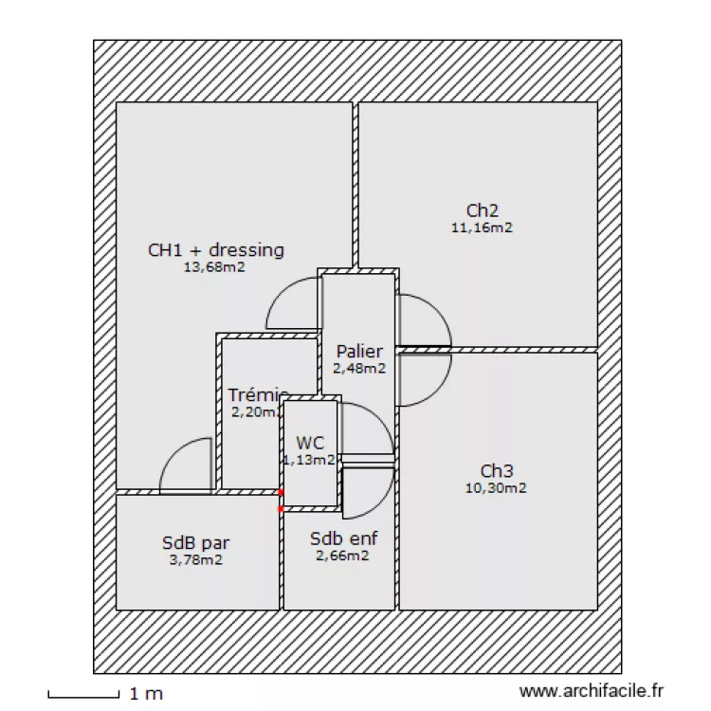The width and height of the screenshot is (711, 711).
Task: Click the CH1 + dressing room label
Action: click(216, 250)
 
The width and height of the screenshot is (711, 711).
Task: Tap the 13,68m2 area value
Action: click(214, 267)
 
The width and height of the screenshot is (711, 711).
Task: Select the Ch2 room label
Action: click(483, 210)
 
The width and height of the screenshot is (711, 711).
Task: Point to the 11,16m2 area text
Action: click(483, 227)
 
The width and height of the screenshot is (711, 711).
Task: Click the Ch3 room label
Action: click(496, 471)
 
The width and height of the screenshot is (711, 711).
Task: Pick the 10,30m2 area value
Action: click(496, 488)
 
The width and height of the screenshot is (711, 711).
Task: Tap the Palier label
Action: click(359, 353)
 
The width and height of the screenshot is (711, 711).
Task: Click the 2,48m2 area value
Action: click(359, 369)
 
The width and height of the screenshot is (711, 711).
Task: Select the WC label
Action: click(310, 443)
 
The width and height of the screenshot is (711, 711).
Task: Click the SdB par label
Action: click(196, 543)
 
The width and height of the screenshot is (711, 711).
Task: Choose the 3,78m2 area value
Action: click(196, 559)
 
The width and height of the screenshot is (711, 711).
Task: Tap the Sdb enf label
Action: click(343, 538)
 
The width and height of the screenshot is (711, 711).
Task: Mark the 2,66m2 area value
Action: click(342, 556)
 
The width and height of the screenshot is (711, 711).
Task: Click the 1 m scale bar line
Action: click(82, 697)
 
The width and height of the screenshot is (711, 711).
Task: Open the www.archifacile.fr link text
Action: click(592, 694)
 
